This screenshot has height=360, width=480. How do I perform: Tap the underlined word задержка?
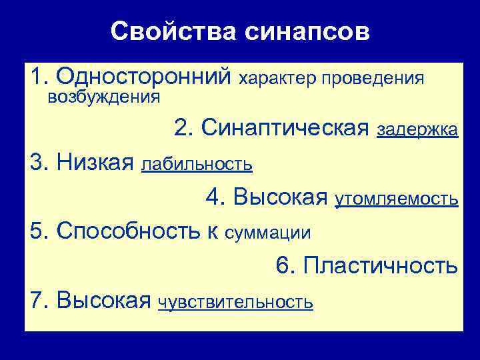(x=417, y=129)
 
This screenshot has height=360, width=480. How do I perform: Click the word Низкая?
(x=97, y=161)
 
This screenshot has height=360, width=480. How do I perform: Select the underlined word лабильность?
(x=197, y=163)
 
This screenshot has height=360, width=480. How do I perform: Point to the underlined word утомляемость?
(x=396, y=198)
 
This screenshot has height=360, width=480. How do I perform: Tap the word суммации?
(x=268, y=233)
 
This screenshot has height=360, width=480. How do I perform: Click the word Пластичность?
(x=380, y=265)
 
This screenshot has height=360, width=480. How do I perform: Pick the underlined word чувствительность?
(x=235, y=302)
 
